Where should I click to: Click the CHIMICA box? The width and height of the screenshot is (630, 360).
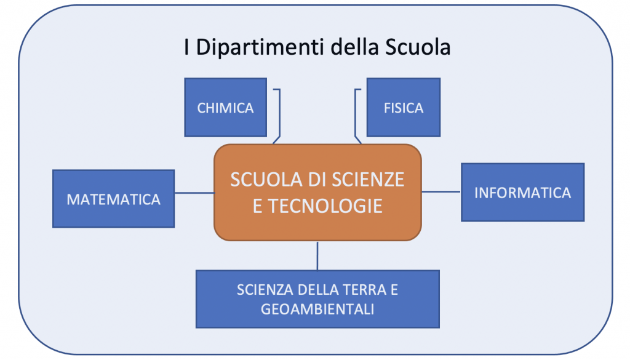click(225, 107)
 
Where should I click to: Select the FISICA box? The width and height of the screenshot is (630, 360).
click(404, 107)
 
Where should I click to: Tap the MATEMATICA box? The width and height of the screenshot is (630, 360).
click(113, 199)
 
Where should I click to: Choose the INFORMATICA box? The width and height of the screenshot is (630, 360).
click(523, 193)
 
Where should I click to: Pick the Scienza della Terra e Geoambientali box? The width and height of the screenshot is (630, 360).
click(317, 299)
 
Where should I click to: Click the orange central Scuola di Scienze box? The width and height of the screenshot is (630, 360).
click(317, 193)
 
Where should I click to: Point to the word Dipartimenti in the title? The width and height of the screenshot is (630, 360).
click(260, 47)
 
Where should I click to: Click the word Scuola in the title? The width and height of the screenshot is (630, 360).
click(418, 47)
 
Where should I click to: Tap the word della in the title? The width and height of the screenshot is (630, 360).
click(355, 47)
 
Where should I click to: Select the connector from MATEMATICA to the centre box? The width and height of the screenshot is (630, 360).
click(194, 193)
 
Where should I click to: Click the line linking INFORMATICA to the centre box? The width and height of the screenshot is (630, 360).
click(441, 191)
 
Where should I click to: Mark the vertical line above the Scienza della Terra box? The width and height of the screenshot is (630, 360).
click(317, 256)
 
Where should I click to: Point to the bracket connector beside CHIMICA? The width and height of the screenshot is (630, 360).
click(279, 116)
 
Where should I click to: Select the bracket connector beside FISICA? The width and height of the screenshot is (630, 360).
click(355, 116)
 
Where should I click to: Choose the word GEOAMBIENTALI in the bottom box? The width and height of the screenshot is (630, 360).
click(317, 310)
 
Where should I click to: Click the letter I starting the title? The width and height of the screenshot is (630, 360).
click(186, 47)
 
